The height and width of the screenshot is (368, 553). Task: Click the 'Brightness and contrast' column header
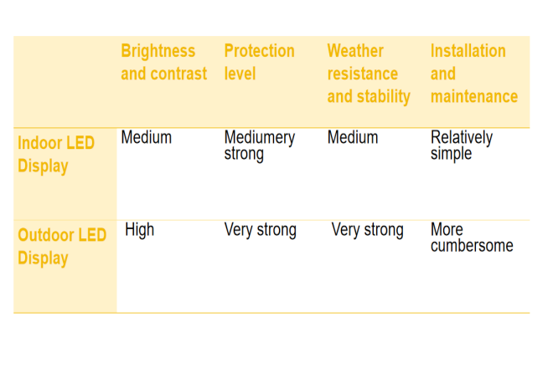point(164,63)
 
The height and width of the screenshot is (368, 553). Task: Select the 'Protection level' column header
point(259,63)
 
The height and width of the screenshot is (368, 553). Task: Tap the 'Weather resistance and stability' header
point(369,74)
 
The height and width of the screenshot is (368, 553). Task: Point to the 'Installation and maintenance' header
point(474,74)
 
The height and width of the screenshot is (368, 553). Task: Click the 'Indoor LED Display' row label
point(56,155)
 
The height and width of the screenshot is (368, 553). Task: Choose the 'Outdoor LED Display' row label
point(62,247)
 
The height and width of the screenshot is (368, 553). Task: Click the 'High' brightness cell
point(140,230)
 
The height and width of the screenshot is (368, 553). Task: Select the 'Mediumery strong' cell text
point(260,146)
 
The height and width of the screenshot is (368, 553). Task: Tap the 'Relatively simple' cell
point(462,146)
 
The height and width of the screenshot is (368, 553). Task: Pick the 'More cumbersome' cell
point(472,238)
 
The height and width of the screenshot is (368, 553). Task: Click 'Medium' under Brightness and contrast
point(147,137)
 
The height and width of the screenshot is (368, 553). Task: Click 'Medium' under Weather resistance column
point(353,137)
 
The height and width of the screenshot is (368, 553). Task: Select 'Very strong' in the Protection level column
point(261,230)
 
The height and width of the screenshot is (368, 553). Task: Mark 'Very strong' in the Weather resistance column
point(368,230)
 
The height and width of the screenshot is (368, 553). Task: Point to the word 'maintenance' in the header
point(474,97)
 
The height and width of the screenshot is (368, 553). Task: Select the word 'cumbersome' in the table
point(472,246)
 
